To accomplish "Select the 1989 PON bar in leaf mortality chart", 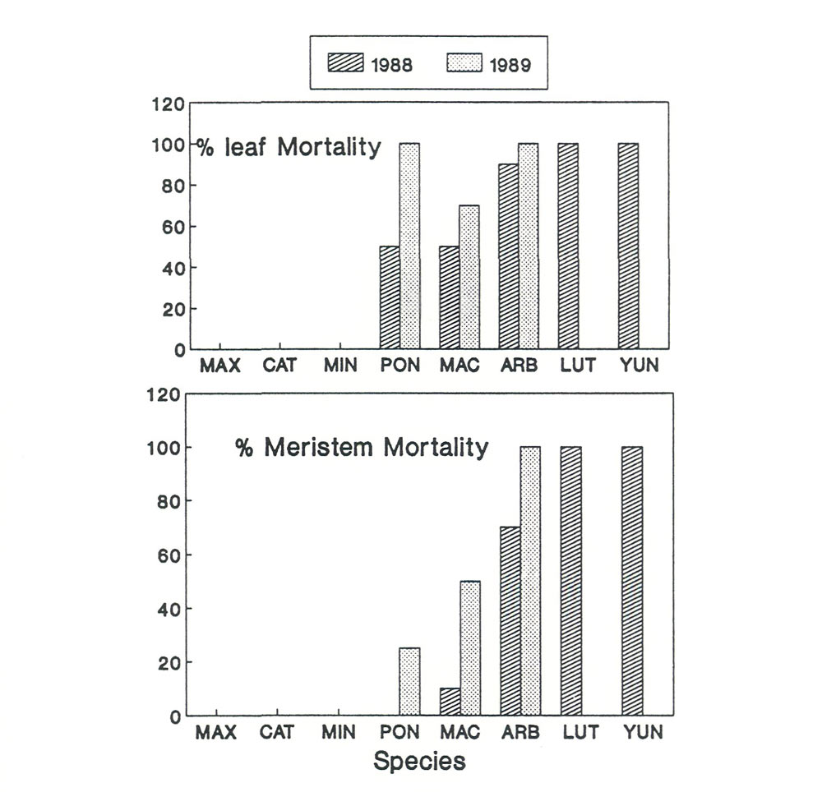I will click(409, 246).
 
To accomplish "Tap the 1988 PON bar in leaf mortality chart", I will click(390, 297).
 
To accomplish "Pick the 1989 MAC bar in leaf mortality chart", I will click(469, 277).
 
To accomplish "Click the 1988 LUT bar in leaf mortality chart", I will click(568, 246).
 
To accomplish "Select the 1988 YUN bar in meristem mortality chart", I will click(632, 581).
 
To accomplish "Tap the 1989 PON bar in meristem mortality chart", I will click(409, 681).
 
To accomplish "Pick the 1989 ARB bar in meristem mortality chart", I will click(530, 581).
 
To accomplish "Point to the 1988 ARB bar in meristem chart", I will click(510, 621).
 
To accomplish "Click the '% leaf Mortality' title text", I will click(288, 148).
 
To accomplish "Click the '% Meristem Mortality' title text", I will click(362, 448).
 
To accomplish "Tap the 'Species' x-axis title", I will click(419, 761).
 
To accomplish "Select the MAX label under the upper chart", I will click(220, 366).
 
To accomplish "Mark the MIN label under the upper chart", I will click(339, 366).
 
